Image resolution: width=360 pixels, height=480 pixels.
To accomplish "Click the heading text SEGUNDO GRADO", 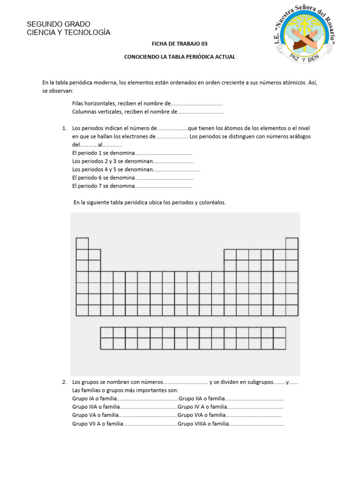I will point(59,24).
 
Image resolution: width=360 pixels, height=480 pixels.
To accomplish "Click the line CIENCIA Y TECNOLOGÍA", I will point(68,32).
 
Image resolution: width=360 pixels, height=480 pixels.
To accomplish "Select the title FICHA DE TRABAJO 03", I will point(179,44).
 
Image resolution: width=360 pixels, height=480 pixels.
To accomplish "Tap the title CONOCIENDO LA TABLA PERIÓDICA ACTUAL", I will point(180,57).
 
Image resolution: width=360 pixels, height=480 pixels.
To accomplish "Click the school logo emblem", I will point(304,35).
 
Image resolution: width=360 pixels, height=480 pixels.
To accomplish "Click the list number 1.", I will point(64,128).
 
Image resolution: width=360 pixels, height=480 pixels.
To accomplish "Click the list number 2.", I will point(64,382).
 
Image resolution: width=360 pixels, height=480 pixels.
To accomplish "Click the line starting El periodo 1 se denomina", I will point(104,153).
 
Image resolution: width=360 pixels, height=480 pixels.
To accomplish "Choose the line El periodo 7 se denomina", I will point(104,186).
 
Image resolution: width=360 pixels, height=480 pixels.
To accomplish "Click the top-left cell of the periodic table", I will point(82,243).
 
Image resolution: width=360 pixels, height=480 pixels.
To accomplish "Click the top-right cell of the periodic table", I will point(292,243).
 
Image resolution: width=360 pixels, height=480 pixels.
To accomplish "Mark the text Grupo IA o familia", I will point(94,398).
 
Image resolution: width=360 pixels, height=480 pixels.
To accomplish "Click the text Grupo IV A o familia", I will point(202,407).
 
